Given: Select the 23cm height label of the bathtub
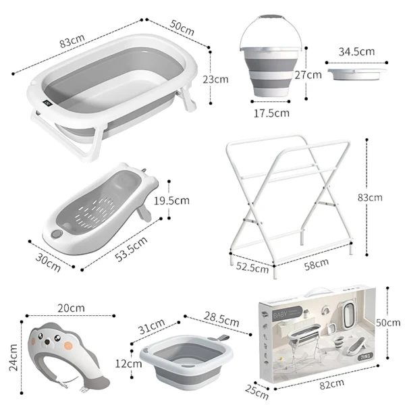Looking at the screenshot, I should pos(216,79).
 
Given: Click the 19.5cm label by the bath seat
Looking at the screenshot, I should pos(190,200).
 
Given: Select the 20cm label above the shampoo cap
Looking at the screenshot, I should pos(71,308).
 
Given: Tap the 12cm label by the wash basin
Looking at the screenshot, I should pos(124,363).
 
